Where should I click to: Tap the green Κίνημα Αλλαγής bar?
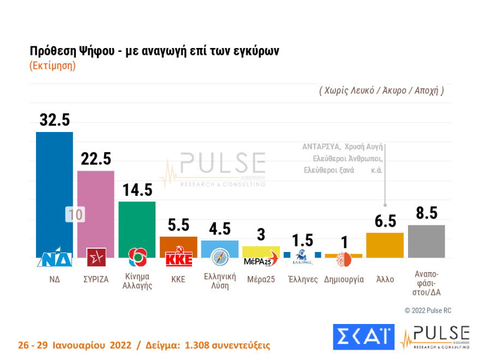pyautogui.click(x=137, y=224)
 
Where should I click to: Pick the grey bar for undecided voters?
pyautogui.click(x=427, y=241)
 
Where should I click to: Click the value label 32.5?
pyautogui.click(x=55, y=120)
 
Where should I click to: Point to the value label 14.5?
pyautogui.click(x=137, y=190)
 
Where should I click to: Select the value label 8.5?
pyautogui.click(x=427, y=213)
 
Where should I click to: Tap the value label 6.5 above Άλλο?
pyautogui.click(x=385, y=221)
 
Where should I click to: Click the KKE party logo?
pyautogui.click(x=178, y=257)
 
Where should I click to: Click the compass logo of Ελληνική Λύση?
pyautogui.click(x=220, y=256)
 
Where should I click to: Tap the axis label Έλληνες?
pyautogui.click(x=302, y=279)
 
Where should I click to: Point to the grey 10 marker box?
pyautogui.click(x=75, y=214)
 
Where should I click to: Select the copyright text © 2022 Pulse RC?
pyautogui.click(x=428, y=310)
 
